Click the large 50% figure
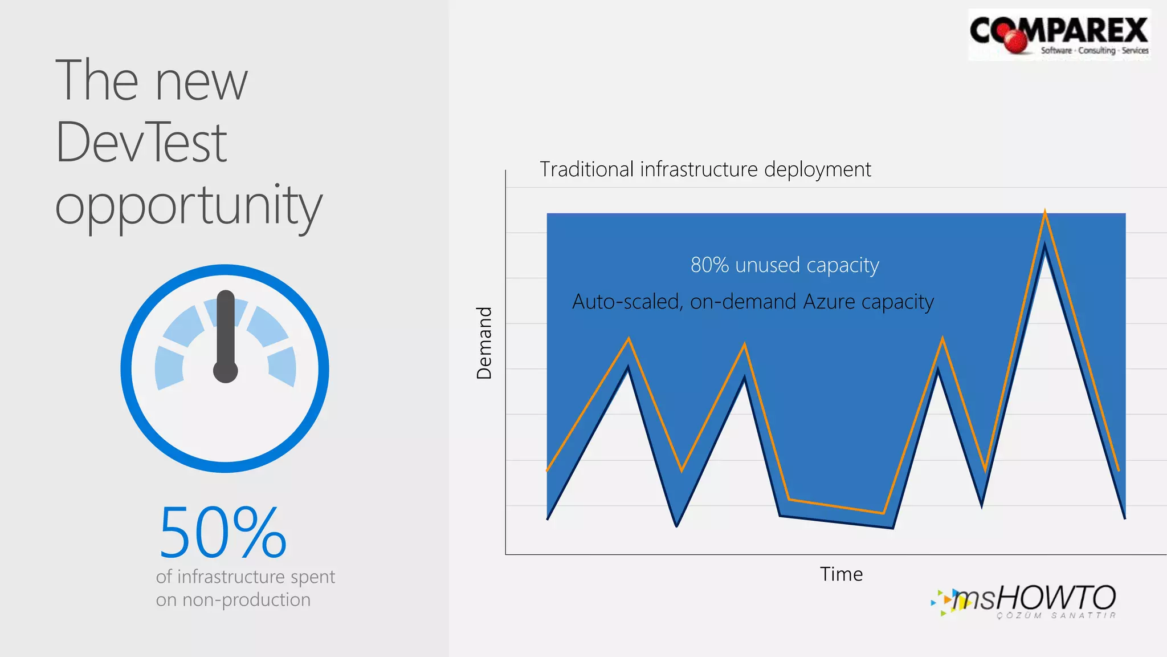(222, 533)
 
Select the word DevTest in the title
(141, 143)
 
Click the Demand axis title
(484, 343)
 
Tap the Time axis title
(841, 574)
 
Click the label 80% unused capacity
(785, 265)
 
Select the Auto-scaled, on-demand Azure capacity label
(753, 302)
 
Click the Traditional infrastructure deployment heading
(705, 169)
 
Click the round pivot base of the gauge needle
(226, 371)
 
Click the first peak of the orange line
(629, 339)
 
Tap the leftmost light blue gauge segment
(169, 368)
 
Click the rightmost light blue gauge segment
(283, 367)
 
